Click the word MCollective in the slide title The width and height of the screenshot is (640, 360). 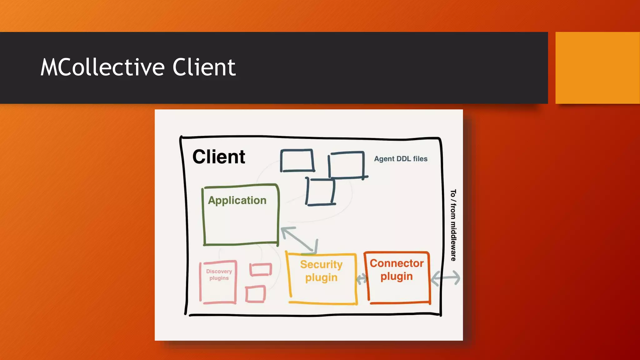coord(102,67)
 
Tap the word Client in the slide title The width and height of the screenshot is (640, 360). coord(204,67)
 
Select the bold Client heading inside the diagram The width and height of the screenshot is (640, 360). coord(219,157)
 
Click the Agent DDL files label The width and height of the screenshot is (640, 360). coord(401,159)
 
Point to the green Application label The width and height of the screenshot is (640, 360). coord(237,200)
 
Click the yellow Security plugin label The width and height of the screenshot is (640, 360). coord(321,271)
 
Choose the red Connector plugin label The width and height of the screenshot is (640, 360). coord(397,270)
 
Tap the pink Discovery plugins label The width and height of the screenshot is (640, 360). coord(219,275)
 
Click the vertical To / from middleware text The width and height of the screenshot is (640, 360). coord(453,225)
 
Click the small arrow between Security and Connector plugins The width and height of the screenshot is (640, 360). coord(361,279)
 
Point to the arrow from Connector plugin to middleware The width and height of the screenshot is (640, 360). coord(445,278)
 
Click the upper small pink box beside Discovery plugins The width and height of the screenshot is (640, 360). coord(261,270)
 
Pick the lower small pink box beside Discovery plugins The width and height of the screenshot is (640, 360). coord(255,294)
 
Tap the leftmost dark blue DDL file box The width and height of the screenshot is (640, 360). coord(297,161)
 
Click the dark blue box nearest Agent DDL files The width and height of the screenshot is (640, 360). coord(346,165)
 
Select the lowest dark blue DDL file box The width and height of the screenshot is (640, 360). coord(320,192)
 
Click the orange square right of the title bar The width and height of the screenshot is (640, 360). coord(597,68)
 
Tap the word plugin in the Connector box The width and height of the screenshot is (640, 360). coord(397,276)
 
